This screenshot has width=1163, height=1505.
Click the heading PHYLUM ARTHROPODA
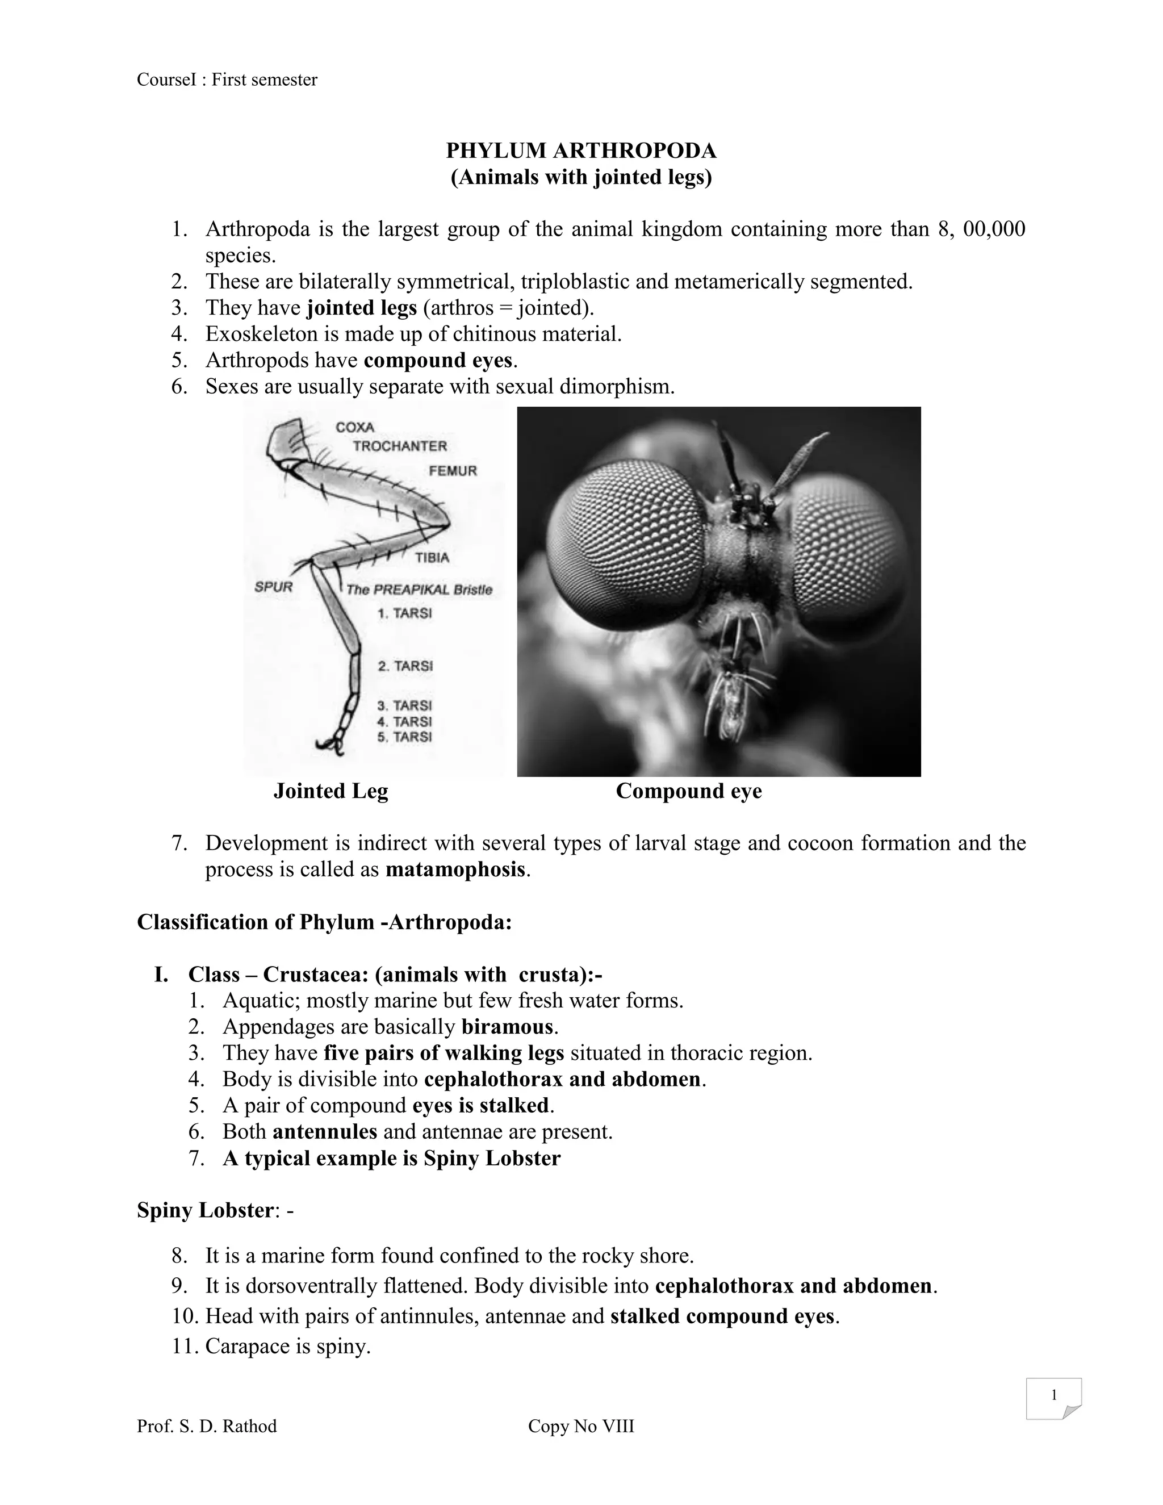[581, 150]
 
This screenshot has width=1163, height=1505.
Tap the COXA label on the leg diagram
[355, 427]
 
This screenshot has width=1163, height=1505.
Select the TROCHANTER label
[400, 446]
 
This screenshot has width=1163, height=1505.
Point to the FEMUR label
[453, 471]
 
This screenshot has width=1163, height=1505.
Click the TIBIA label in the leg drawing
[432, 558]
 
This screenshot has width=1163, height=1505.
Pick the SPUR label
[274, 587]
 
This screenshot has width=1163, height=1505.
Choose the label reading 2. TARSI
[405, 666]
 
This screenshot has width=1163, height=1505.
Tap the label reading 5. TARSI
[404, 737]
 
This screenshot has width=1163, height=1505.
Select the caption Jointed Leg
[331, 791]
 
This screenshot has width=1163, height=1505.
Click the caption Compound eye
[688, 791]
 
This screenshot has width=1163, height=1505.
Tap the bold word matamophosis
[455, 869]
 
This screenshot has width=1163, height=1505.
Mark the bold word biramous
[507, 1027]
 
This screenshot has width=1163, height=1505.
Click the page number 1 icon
[1053, 1396]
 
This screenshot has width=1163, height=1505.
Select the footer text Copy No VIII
[581, 1425]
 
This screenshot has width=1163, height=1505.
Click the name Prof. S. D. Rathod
[207, 1425]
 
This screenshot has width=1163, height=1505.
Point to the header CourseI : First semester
[227, 80]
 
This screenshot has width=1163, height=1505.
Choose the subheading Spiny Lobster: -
[215, 1210]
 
